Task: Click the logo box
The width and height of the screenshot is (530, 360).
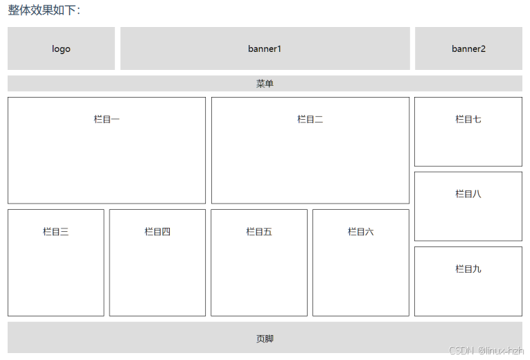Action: pyautogui.click(x=61, y=48)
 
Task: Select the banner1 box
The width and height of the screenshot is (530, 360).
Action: pyautogui.click(x=265, y=48)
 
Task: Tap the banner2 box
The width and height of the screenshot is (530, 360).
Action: pyautogui.click(x=468, y=48)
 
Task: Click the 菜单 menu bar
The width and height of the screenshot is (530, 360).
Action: pyautogui.click(x=265, y=84)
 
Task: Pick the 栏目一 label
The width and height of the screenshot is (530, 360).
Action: pyautogui.click(x=107, y=119)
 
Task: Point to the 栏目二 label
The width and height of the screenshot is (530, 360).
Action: pyautogui.click(x=310, y=119)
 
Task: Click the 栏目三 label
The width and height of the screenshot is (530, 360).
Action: pyautogui.click(x=55, y=231)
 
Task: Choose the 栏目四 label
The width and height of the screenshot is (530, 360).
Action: pyautogui.click(x=157, y=231)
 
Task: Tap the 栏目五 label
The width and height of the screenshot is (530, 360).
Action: pyautogui.click(x=259, y=231)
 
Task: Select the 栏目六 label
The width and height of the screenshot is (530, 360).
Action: pyautogui.click(x=361, y=231)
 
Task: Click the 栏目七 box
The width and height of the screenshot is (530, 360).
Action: pyautogui.click(x=468, y=132)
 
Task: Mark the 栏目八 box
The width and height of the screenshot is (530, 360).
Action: pyautogui.click(x=468, y=206)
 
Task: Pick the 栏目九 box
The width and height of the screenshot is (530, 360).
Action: pyautogui.click(x=468, y=281)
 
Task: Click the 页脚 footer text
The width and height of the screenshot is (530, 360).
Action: pyautogui.click(x=265, y=339)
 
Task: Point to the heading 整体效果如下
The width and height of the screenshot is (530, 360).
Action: pyautogui.click(x=44, y=10)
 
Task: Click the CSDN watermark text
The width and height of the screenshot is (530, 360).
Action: pyautogui.click(x=485, y=351)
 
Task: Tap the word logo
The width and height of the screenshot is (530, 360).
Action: pyautogui.click(x=61, y=48)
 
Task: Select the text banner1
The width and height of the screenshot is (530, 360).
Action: pyautogui.click(x=265, y=48)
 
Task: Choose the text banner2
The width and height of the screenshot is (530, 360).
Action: pyautogui.click(x=468, y=48)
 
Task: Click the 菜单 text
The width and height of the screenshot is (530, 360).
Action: pyautogui.click(x=265, y=84)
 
